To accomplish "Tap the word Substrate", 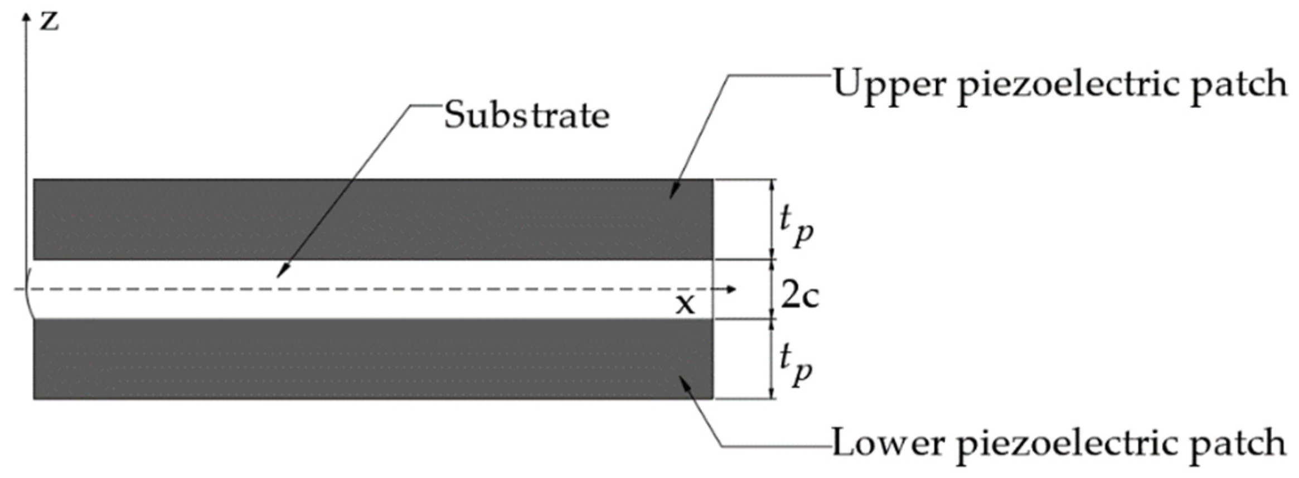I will pos(526,116).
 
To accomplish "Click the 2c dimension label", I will pos(799,296).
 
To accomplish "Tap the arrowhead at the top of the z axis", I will pos(25,17).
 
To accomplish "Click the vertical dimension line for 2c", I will pos(772,289).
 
